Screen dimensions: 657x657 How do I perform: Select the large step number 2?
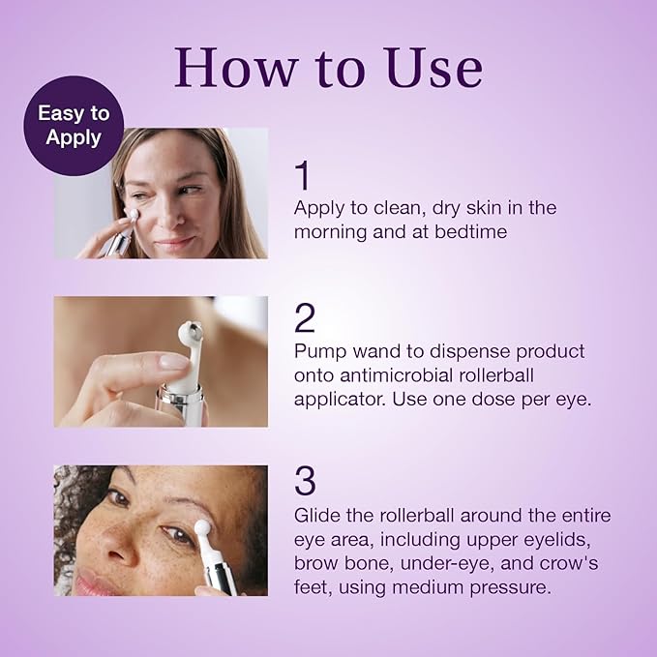306,318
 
